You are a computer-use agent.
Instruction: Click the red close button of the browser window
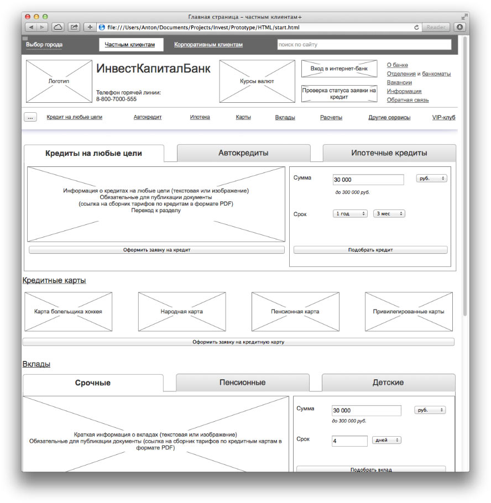[x=28, y=17]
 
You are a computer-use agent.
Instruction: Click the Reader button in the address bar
[x=436, y=27]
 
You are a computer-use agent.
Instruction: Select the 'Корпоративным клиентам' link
[x=208, y=45]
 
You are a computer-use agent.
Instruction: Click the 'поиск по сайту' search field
[x=364, y=45]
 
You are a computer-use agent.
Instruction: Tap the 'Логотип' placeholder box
[x=59, y=81]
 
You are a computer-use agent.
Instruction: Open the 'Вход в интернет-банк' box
[x=339, y=69]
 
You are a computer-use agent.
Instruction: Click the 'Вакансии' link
[x=399, y=82]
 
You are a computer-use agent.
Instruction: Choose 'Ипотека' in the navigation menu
[x=200, y=117]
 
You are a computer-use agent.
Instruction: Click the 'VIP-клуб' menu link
[x=443, y=117]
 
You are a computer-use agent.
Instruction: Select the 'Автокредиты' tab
[x=243, y=153]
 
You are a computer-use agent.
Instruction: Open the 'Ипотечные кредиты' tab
[x=389, y=153]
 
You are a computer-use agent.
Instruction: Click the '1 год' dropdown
[x=350, y=213]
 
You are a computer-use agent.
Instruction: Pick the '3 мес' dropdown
[x=389, y=213]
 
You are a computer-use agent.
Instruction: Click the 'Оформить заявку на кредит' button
[x=156, y=250]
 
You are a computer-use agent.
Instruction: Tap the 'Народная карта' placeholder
[x=181, y=312]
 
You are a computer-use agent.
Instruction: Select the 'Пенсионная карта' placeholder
[x=295, y=312]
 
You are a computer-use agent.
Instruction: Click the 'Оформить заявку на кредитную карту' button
[x=238, y=342]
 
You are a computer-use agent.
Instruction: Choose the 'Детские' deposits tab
[x=388, y=383]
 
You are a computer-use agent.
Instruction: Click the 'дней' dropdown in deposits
[x=387, y=441]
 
